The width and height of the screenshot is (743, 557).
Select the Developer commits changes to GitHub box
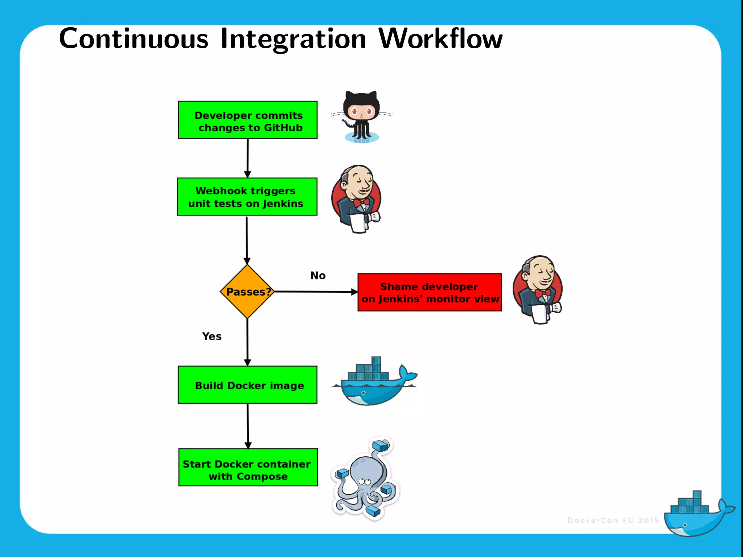tap(248, 120)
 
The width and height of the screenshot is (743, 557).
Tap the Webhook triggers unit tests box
tap(247, 197)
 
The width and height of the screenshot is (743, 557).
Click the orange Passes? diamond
tap(247, 292)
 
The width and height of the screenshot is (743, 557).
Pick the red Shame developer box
tap(430, 293)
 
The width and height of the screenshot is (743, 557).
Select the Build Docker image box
tap(247, 385)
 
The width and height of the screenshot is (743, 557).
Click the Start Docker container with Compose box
tap(248, 467)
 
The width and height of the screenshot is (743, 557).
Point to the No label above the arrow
tap(318, 276)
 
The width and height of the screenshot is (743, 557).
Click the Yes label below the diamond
tap(212, 337)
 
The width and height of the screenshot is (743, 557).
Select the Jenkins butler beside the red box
tap(538, 289)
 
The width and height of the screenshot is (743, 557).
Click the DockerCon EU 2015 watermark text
tap(613, 520)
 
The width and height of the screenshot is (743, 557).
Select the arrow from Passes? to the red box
tap(316, 292)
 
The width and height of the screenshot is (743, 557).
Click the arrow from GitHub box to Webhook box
tap(247, 158)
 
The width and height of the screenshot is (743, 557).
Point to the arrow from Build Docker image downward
tap(248, 426)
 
